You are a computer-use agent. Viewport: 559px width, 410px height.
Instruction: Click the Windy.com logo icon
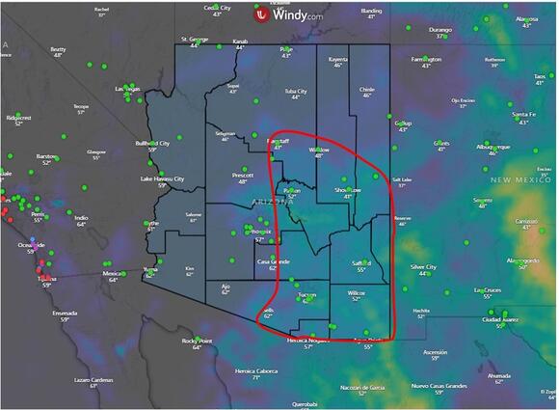point(261,14)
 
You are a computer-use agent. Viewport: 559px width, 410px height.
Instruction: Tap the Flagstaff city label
point(277,141)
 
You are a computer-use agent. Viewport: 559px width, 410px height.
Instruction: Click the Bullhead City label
point(152,144)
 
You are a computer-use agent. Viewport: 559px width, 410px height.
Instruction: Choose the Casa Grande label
point(273,261)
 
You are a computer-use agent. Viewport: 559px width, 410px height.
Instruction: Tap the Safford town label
point(361,262)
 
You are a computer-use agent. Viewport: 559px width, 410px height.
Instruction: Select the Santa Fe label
point(523,115)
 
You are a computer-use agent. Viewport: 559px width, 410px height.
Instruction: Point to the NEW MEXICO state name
point(519,179)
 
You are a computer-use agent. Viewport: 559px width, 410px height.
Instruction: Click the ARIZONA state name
point(274,199)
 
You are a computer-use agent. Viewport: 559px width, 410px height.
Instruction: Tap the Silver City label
point(423,266)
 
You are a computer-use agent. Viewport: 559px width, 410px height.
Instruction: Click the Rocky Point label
point(197,341)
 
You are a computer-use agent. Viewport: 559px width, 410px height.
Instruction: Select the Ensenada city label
point(39,313)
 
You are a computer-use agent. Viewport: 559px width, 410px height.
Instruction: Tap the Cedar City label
point(217,8)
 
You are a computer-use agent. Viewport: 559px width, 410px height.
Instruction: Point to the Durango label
point(439,30)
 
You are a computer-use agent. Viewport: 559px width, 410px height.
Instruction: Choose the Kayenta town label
point(338,59)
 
